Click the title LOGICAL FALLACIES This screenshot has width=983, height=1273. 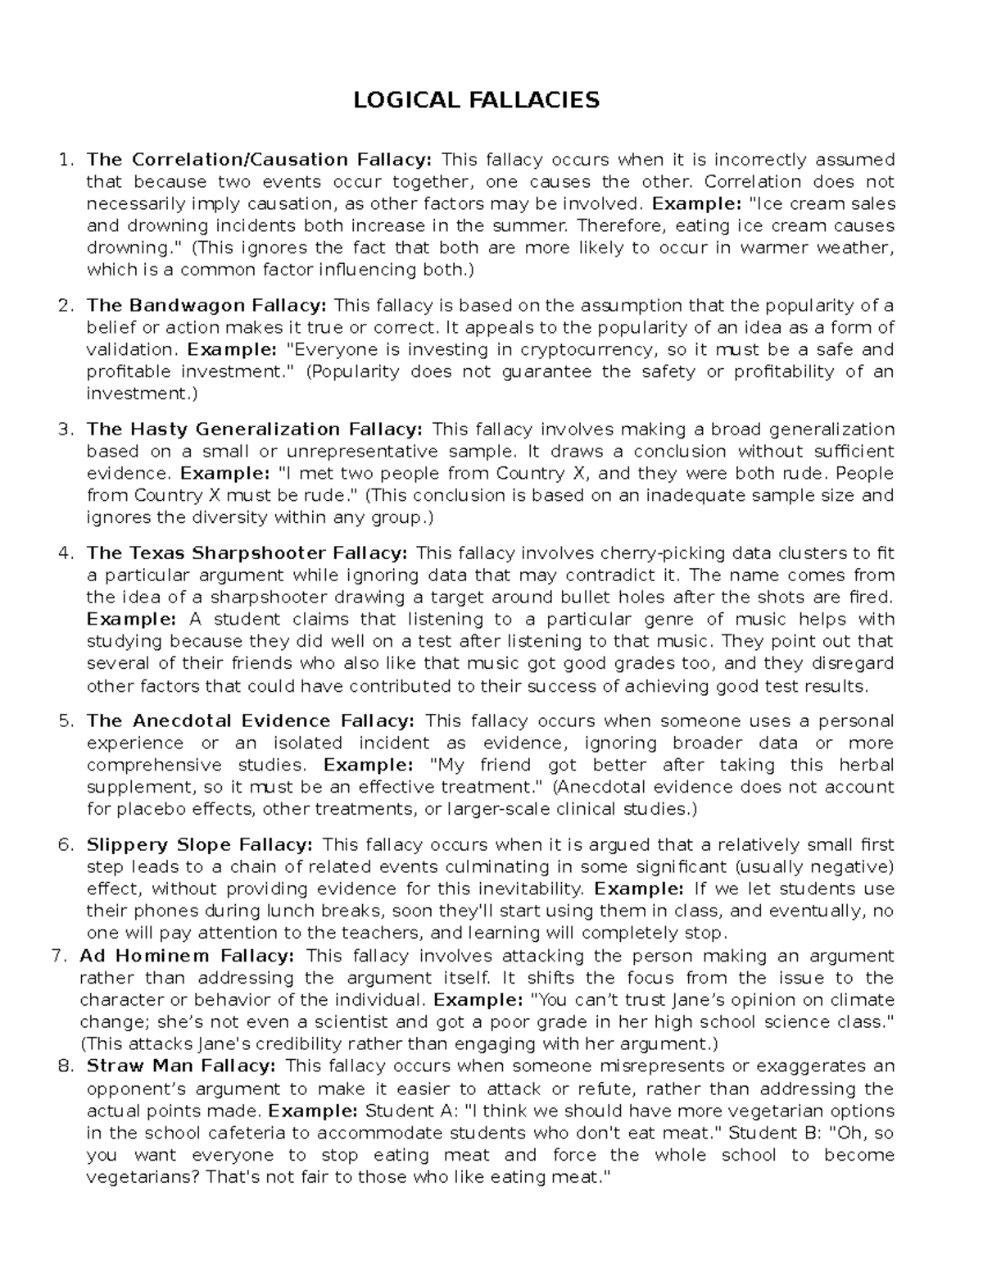point(476,100)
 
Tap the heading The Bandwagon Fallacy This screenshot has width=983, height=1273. point(206,306)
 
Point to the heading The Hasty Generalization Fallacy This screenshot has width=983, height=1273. point(255,430)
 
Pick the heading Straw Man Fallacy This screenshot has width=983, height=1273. point(181,1066)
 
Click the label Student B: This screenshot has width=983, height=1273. point(774,1134)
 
